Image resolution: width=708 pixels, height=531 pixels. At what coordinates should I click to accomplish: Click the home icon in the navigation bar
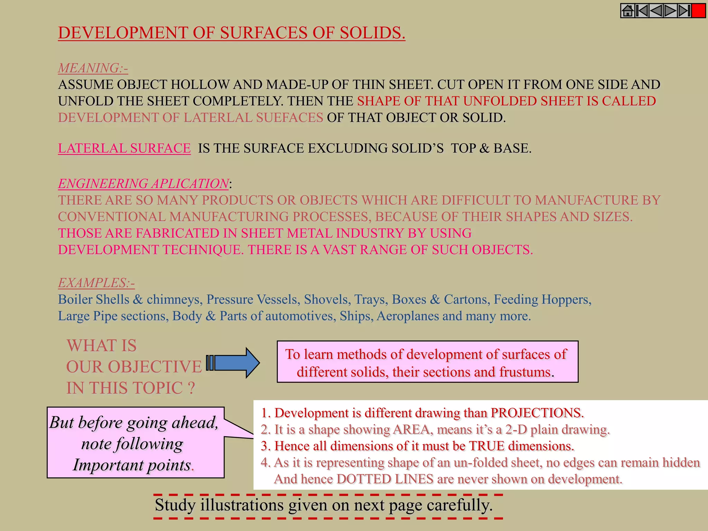(x=628, y=11)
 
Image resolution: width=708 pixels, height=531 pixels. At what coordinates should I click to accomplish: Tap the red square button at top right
(x=699, y=11)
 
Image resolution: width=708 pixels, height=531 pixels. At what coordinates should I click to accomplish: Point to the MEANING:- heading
(x=93, y=68)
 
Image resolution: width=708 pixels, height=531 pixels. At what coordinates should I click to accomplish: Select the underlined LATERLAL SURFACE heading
(x=124, y=148)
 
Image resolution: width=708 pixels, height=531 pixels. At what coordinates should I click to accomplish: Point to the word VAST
(x=339, y=250)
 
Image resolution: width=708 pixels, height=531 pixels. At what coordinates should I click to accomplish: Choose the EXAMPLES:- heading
(x=96, y=283)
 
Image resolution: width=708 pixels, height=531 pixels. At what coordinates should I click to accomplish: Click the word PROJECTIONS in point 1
(x=537, y=413)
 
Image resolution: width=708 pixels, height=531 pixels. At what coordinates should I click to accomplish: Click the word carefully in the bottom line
(x=459, y=505)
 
